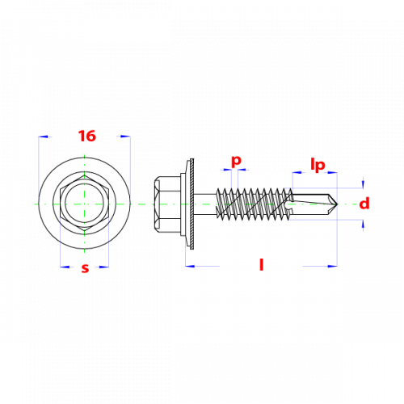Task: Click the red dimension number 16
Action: tap(87, 136)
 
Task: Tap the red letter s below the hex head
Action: tap(85, 268)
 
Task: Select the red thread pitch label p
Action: tap(236, 161)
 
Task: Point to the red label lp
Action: tap(318, 165)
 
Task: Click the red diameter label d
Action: tap(364, 204)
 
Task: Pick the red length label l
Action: tap(261, 264)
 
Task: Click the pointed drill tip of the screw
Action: tap(337, 204)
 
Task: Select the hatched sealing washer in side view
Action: tap(191, 204)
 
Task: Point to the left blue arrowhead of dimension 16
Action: tap(43, 137)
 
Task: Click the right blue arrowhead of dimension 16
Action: tap(125, 137)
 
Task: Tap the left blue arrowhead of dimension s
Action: tap(65, 267)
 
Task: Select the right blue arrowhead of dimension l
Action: tap(332, 266)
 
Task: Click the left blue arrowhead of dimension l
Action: tap(190, 266)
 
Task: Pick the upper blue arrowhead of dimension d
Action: tap(363, 183)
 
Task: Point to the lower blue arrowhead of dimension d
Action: tap(363, 225)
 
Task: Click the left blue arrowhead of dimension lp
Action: tap(297, 172)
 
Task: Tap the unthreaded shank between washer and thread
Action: tap(205, 204)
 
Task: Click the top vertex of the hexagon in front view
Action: tap(85, 176)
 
